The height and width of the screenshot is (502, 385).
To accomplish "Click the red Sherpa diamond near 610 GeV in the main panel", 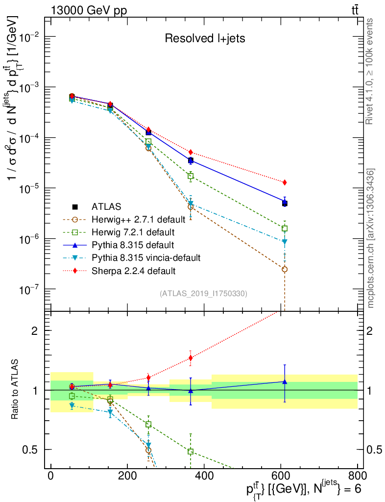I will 285,182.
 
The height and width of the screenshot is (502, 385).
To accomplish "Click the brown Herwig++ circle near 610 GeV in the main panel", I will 285,269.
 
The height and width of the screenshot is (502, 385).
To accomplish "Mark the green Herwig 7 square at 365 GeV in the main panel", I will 191,176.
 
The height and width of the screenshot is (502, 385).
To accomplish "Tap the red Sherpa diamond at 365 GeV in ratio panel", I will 191,358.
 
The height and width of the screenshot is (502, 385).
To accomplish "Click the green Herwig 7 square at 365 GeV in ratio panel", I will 191,451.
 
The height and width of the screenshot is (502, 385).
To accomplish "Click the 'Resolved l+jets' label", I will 205,38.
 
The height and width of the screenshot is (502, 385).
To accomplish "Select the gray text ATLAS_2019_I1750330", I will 203,294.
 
